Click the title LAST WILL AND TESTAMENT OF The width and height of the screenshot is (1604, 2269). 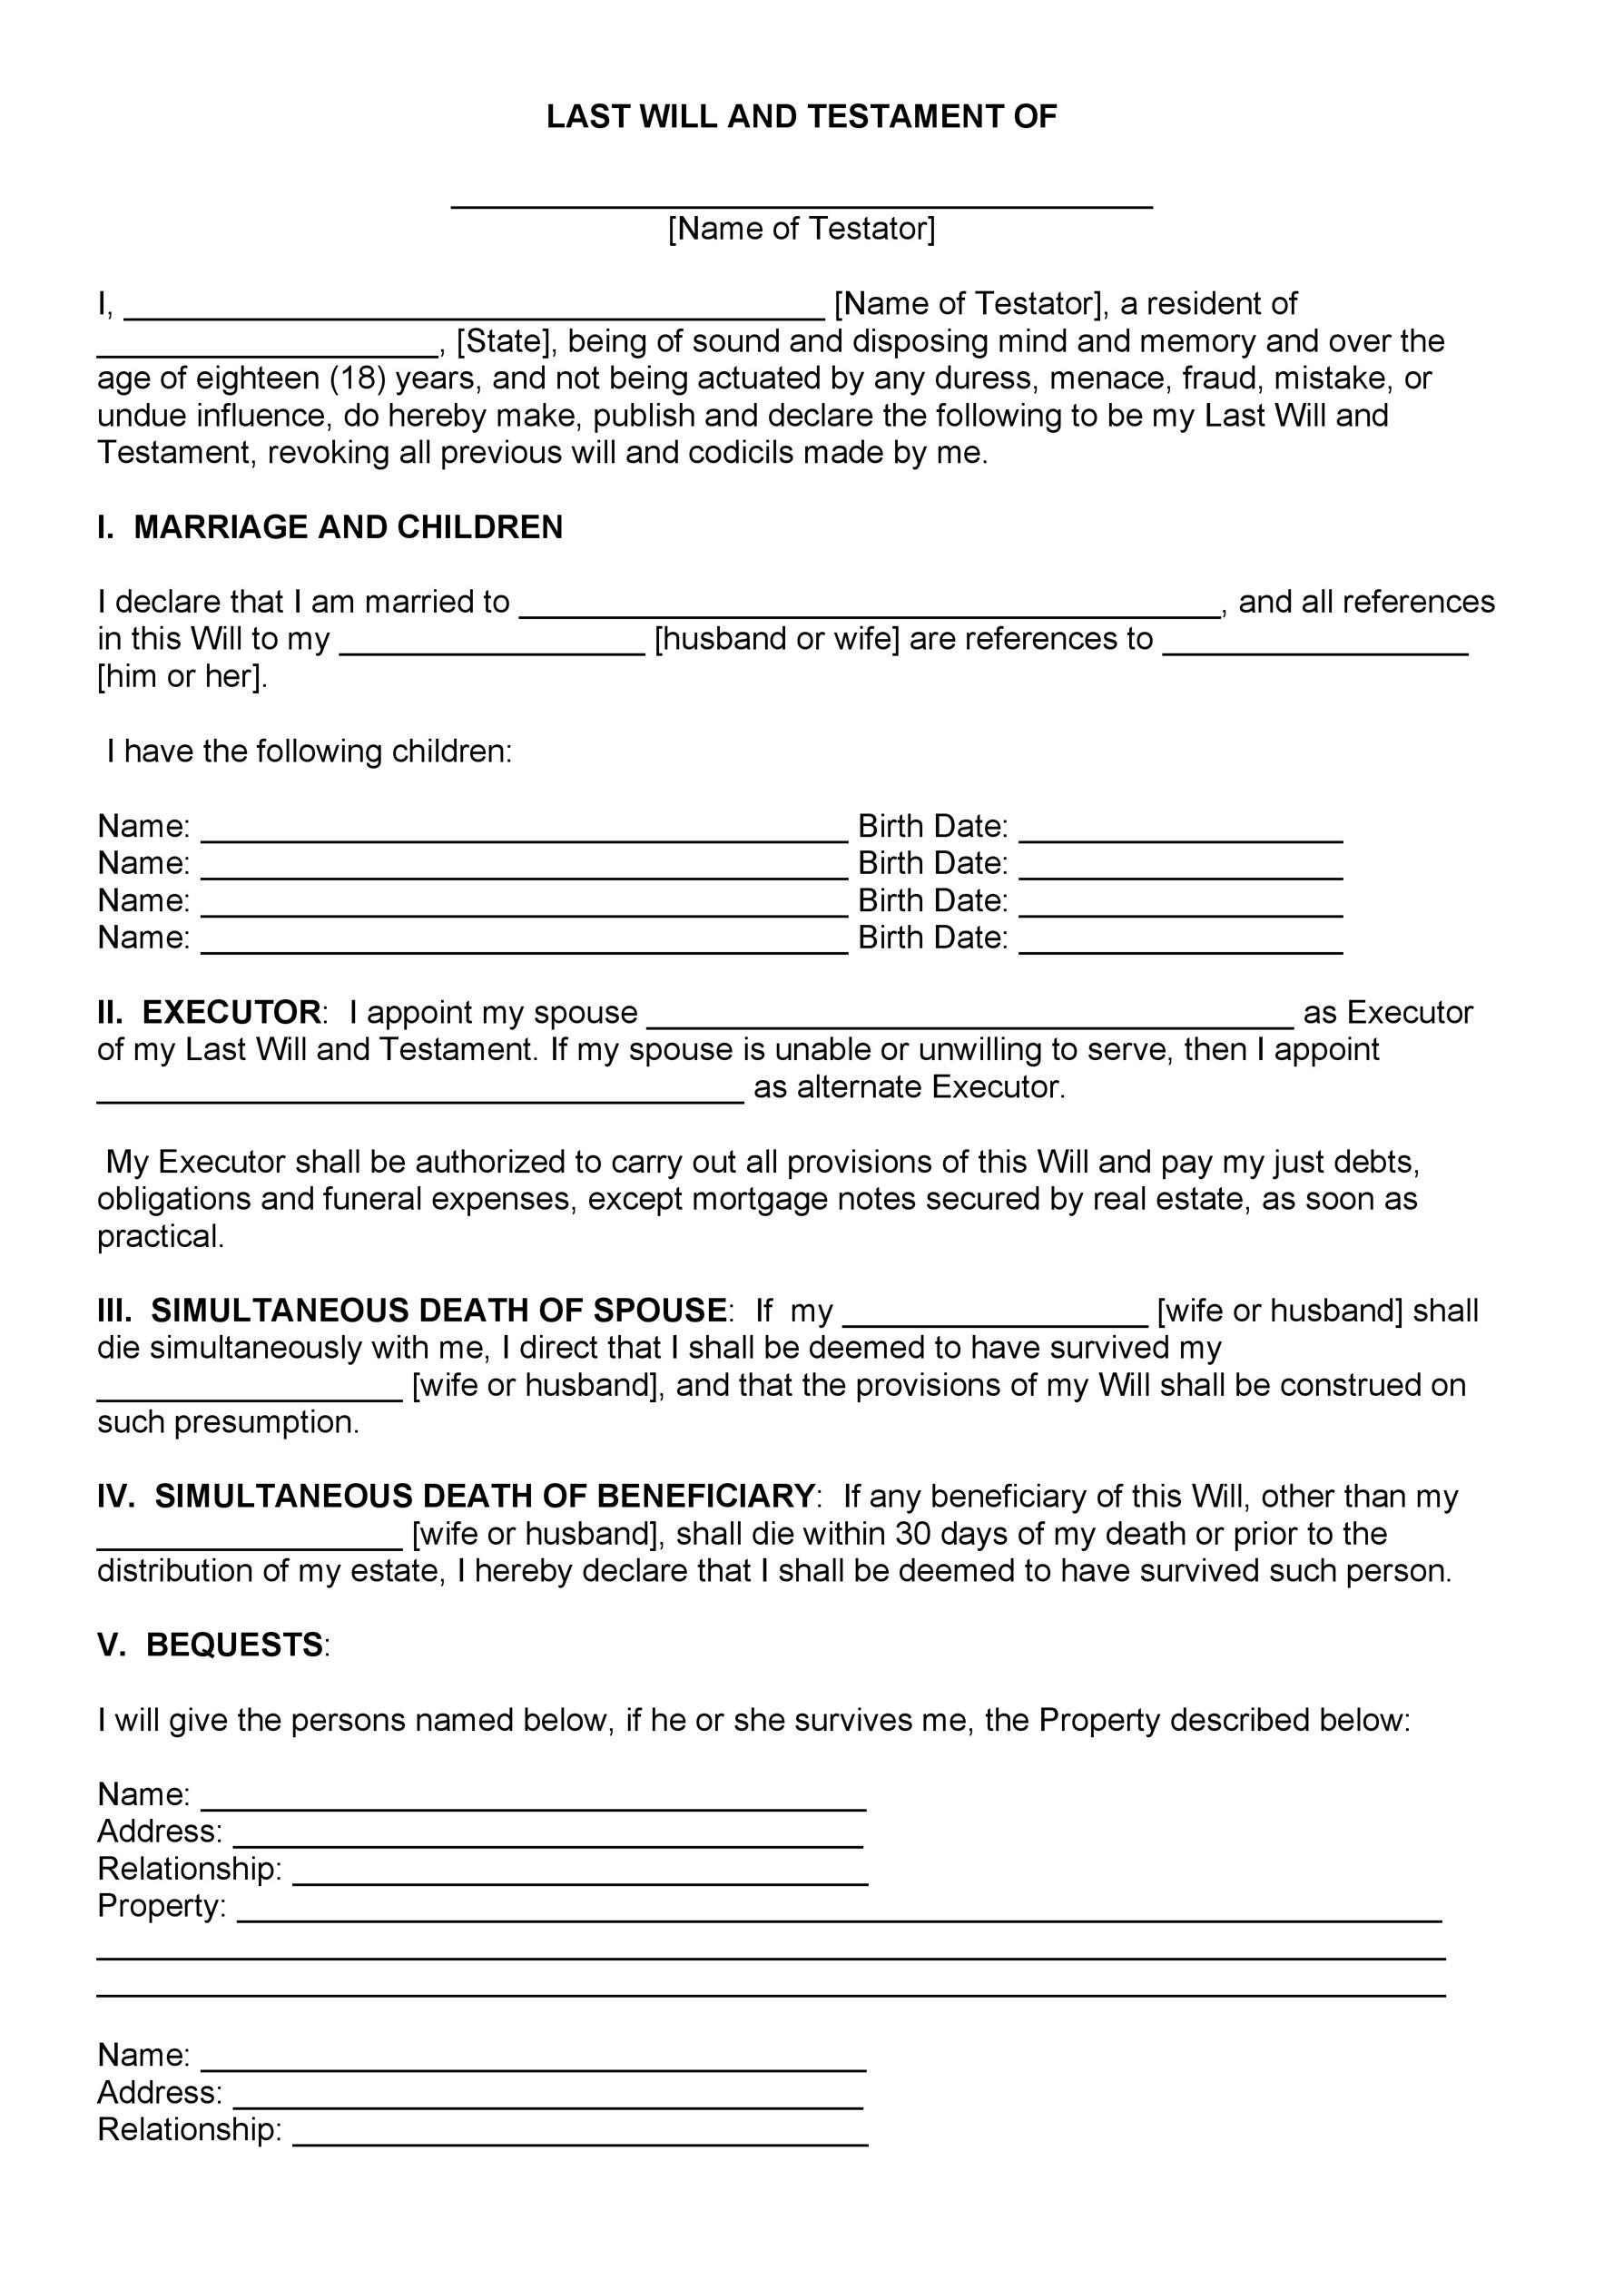tap(802, 118)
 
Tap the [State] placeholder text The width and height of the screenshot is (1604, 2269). tap(503, 341)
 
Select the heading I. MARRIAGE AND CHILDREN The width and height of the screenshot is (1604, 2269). tap(330, 527)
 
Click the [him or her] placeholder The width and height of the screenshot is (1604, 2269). tap(182, 677)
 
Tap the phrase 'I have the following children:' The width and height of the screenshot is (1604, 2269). tap(310, 752)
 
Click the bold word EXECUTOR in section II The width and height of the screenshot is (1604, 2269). tap(231, 1013)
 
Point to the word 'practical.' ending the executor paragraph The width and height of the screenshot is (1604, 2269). tap(161, 1237)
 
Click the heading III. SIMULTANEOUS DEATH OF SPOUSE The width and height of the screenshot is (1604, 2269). tap(412, 1311)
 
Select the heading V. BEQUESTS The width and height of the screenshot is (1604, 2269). tap(211, 1645)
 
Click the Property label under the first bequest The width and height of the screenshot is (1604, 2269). tap(161, 1906)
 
